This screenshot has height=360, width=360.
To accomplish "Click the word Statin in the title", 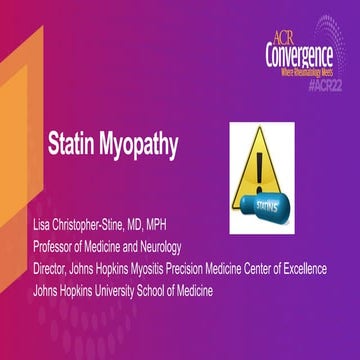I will pos(72,145).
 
